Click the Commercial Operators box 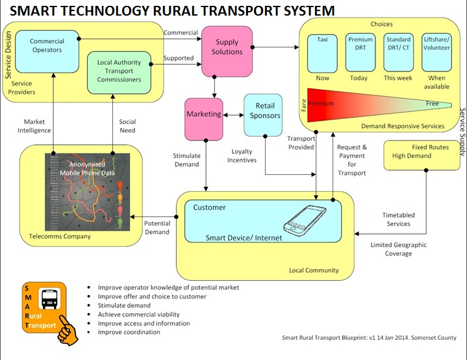[x=47, y=46]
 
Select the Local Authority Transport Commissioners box [x=119, y=71]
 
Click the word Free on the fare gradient [x=432, y=103]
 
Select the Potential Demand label [x=157, y=227]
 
